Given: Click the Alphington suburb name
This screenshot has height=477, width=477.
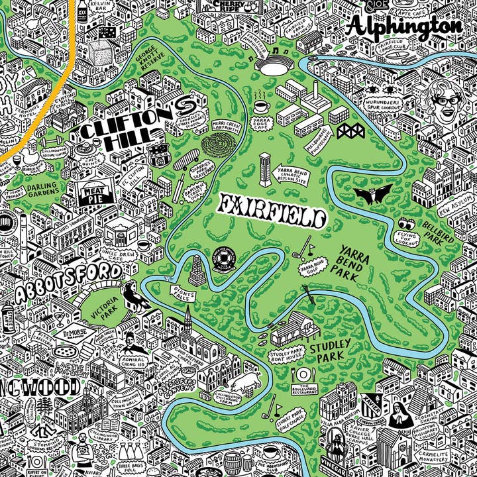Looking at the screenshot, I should click(404, 26).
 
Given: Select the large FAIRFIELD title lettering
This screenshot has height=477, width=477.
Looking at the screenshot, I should click(273, 211).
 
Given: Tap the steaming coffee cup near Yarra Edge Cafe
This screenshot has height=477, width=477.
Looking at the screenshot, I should click(259, 104).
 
